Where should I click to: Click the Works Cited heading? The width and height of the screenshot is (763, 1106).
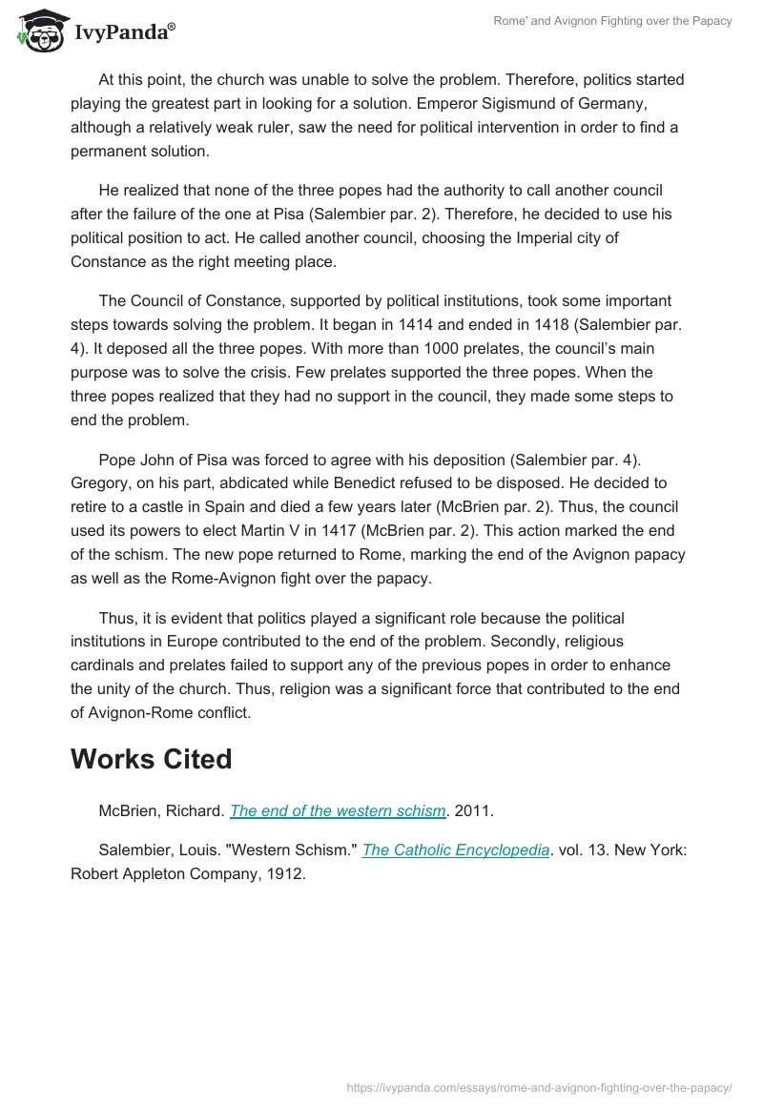coord(151,759)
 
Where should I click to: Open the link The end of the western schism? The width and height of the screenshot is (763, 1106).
coord(338,811)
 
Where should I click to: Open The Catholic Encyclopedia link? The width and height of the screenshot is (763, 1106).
coord(456,850)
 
